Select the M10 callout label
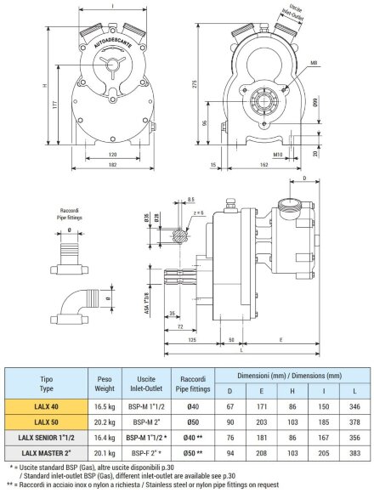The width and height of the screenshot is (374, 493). tap(278, 155)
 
